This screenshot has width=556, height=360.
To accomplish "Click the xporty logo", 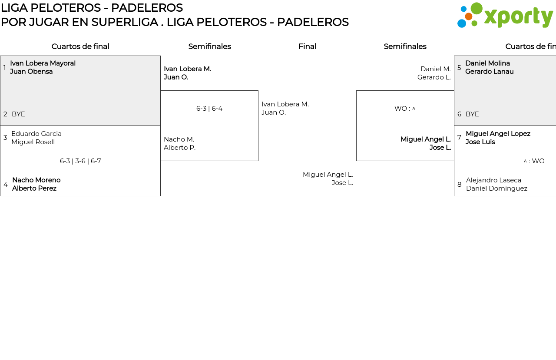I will pyautogui.click(x=505, y=15).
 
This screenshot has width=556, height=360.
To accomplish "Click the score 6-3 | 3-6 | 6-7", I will pyautogui.click(x=80, y=161).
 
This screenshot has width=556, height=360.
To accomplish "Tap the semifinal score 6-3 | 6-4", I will pyautogui.click(x=209, y=109).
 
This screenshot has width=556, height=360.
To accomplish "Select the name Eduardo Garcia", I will pyautogui.click(x=36, y=134).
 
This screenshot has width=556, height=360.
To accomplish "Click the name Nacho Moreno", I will pyautogui.click(x=36, y=180).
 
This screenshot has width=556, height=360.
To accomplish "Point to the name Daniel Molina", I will pyautogui.click(x=487, y=63).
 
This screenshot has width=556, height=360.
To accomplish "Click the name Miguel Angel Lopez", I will pyautogui.click(x=498, y=134).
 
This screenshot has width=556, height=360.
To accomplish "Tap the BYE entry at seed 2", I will pyautogui.click(x=18, y=114).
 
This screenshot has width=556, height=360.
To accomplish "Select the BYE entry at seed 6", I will pyautogui.click(x=472, y=114).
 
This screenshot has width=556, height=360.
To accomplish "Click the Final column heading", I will pyautogui.click(x=307, y=46).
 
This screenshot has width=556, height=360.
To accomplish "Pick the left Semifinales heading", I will pyautogui.click(x=209, y=46).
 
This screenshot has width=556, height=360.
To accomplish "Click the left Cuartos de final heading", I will pyautogui.click(x=80, y=46).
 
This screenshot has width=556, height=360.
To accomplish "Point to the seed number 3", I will pyautogui.click(x=5, y=138).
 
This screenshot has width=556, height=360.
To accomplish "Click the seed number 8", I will pyautogui.click(x=460, y=185).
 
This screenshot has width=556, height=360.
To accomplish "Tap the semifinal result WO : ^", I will pyautogui.click(x=405, y=109).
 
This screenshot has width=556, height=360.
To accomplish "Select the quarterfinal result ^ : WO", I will pyautogui.click(x=534, y=161).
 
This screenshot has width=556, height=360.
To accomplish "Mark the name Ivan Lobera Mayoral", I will pyautogui.click(x=43, y=63).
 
